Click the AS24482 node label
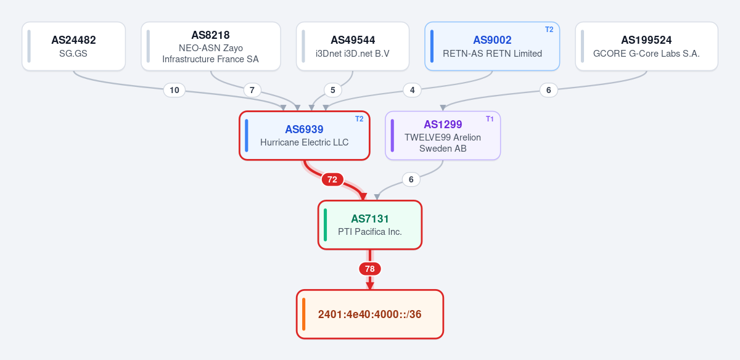click(73, 40)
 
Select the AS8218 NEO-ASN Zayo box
click(211, 46)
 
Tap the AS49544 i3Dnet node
click(353, 46)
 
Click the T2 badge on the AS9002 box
click(549, 30)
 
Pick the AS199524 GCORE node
click(646, 46)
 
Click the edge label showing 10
click(175, 90)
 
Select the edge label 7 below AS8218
click(252, 90)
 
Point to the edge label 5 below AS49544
click(332, 90)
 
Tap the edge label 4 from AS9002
click(413, 90)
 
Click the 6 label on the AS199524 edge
click(549, 90)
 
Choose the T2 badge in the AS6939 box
click(359, 119)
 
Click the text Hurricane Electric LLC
click(304, 142)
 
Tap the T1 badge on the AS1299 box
click(490, 119)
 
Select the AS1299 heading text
click(443, 125)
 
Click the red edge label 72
click(332, 179)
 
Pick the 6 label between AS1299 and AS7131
click(411, 179)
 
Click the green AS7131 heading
click(369, 219)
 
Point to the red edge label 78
click(369, 269)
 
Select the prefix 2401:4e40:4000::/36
click(369, 314)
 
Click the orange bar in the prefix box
click(303, 314)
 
